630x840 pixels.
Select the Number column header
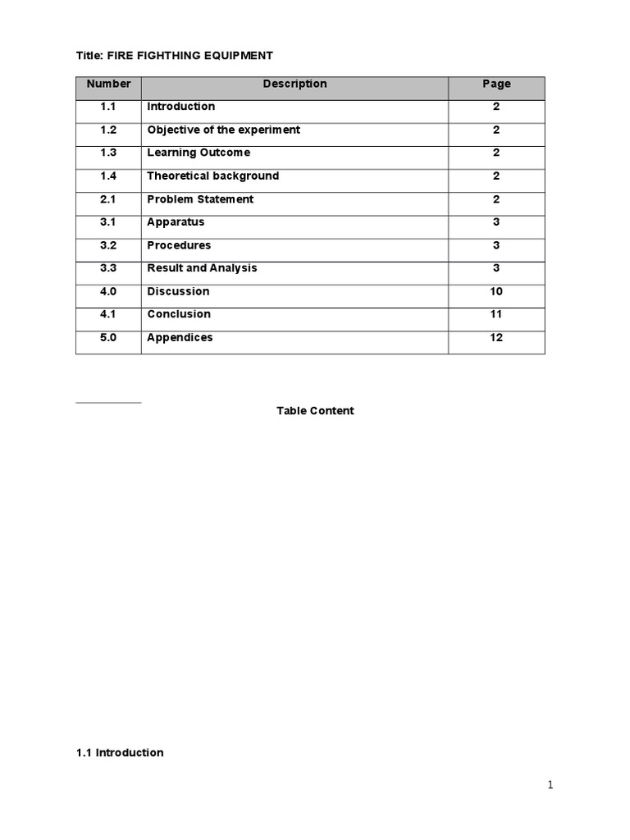click(108, 84)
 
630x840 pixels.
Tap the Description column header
click(294, 84)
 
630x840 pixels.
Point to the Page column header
click(496, 84)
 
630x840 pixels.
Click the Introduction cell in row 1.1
click(181, 107)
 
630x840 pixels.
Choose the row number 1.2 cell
click(108, 130)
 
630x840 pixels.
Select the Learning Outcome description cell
click(199, 153)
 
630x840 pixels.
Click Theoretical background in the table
click(212, 176)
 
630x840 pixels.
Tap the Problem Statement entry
click(200, 199)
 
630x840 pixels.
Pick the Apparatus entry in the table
click(176, 222)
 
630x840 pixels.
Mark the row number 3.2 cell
click(108, 245)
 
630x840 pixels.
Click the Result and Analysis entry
click(202, 268)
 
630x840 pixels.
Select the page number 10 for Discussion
click(496, 291)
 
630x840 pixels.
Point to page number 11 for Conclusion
click(496, 314)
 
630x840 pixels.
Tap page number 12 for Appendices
click(496, 337)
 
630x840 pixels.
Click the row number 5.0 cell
click(108, 337)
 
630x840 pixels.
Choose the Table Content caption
click(315, 411)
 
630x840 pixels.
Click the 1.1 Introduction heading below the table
click(120, 753)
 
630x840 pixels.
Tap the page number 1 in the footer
click(550, 785)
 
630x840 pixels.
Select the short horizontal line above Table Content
click(108, 402)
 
